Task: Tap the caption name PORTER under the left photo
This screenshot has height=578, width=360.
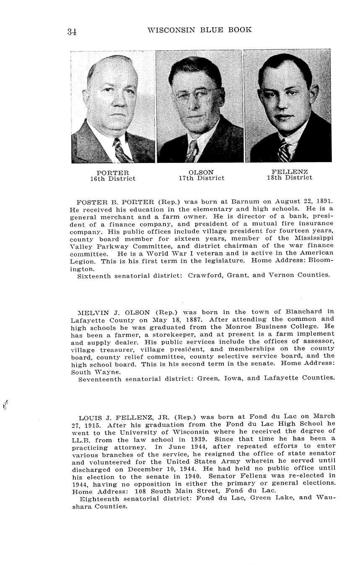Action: click(x=113, y=173)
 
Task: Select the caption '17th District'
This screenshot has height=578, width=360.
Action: click(x=201, y=178)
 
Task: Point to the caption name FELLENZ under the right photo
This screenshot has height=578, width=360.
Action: click(x=290, y=172)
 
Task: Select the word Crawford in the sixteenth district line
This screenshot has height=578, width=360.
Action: click(x=205, y=275)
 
